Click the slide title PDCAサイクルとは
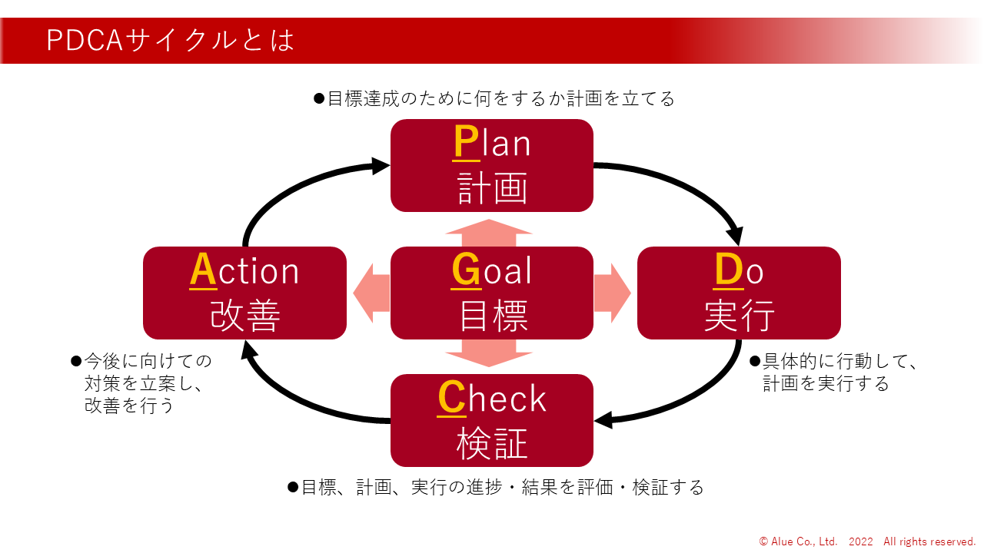coord(170,41)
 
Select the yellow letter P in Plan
coord(466,143)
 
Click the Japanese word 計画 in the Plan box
coord(492,187)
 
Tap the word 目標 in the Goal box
coord(492,315)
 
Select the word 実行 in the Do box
coord(739,315)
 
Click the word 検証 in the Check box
coord(492,442)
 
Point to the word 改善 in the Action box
coord(244,315)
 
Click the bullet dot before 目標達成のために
coord(320,99)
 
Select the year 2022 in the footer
coord(861,541)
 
